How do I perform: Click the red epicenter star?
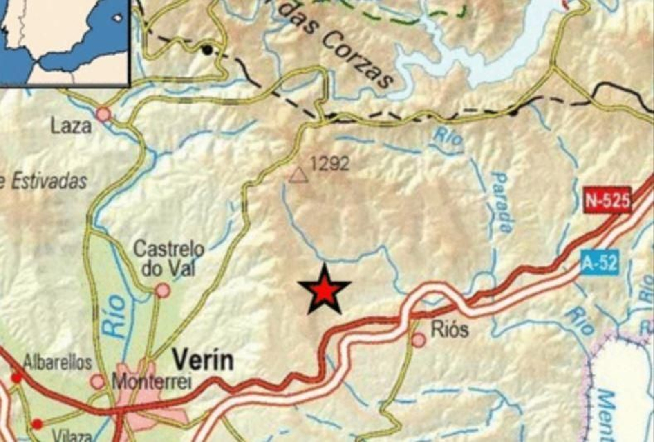coord(324,291)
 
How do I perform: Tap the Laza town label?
coord(71,126)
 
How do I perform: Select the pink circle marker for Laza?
coord(104,114)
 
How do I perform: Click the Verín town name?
coord(203,361)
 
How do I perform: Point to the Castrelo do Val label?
coord(169,258)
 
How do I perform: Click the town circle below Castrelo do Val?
coord(163,290)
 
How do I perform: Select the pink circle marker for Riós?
coord(419,340)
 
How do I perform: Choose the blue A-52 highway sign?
coord(599,262)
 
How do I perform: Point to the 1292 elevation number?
coord(330,164)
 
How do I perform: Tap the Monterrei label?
coord(152,382)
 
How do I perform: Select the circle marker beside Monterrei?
coord(98,381)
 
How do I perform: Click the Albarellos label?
coord(57,362)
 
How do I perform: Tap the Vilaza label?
coord(72,436)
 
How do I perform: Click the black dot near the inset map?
coord(208,50)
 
